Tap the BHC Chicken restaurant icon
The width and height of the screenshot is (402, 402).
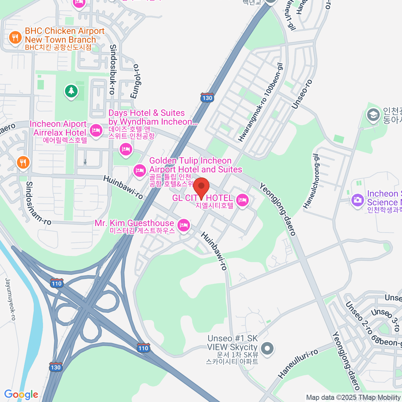click(x=15, y=37)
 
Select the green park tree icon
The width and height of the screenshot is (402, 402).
click(x=71, y=91)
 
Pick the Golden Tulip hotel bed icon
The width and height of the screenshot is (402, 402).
click(x=139, y=170)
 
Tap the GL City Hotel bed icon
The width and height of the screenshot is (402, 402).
click(x=242, y=200)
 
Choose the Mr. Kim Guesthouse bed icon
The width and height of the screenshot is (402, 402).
click(x=184, y=225)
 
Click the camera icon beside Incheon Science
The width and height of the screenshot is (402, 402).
click(x=357, y=200)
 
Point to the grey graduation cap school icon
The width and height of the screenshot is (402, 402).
click(x=373, y=115)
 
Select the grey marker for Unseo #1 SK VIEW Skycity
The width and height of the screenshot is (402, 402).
click(x=267, y=348)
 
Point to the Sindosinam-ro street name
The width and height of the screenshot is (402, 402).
click(x=38, y=203)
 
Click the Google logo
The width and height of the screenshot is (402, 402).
click(x=21, y=394)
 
